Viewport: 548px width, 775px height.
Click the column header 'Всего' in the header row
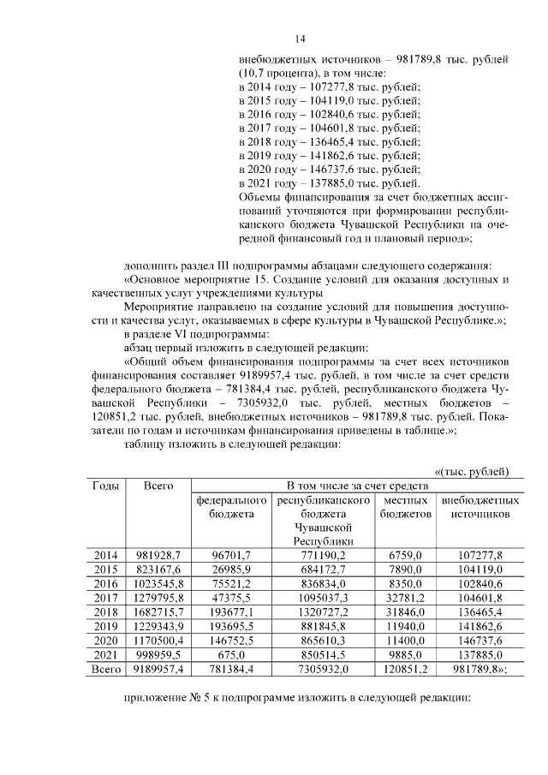pyautogui.click(x=158, y=486)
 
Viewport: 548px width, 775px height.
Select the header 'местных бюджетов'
pyautogui.click(x=406, y=506)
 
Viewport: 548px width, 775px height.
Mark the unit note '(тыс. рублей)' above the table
pyautogui.click(x=476, y=470)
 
